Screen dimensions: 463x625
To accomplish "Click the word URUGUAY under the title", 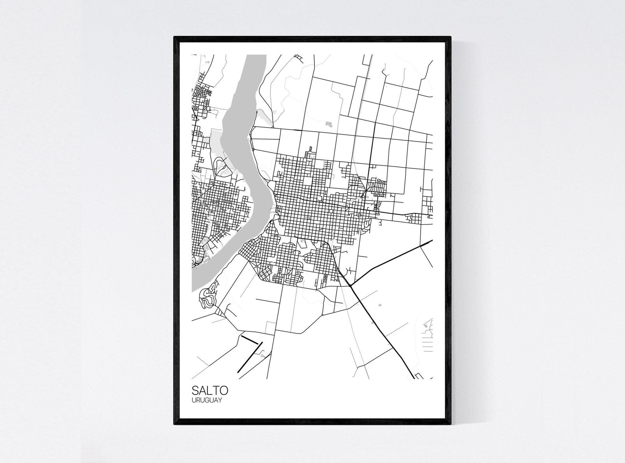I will click(x=207, y=400).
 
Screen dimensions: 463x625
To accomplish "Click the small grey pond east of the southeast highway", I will click(x=379, y=305).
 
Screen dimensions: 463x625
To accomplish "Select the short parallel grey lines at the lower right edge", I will click(x=427, y=345).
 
